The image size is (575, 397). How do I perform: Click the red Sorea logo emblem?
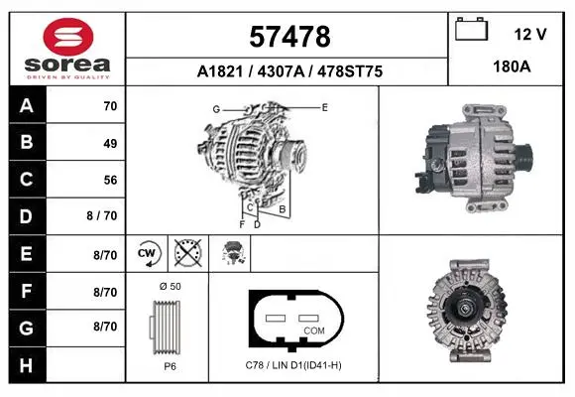[x=68, y=37]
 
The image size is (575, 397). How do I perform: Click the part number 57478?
[x=289, y=37]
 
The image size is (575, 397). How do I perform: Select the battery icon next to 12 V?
[x=472, y=29]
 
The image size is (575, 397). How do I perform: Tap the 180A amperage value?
[x=512, y=66]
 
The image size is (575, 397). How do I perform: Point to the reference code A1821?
[x=220, y=71]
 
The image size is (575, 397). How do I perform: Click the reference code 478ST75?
[x=350, y=71]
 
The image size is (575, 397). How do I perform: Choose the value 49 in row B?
[x=110, y=143]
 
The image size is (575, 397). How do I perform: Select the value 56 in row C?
[x=110, y=180]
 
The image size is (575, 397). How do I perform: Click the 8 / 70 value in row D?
[x=102, y=215]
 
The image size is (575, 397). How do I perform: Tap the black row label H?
[x=27, y=365]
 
